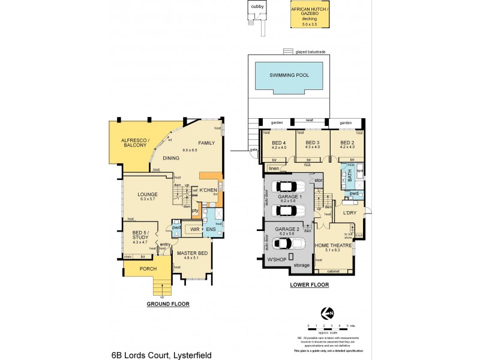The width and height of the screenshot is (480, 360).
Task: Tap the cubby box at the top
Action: coord(257,7)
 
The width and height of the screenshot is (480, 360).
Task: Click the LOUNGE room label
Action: coord(147,194)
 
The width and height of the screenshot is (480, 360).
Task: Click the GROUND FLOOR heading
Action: coord(168,304)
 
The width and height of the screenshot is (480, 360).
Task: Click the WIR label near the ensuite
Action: coord(194,229)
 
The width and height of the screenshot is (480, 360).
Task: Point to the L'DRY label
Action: coord(350,213)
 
